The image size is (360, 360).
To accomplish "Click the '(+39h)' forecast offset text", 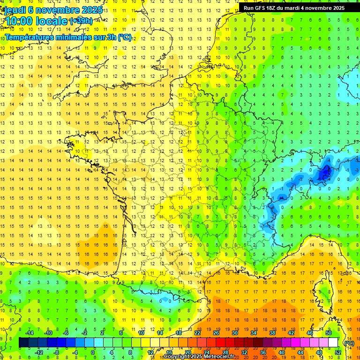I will (81, 21).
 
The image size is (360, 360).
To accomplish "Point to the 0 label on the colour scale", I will (93, 352).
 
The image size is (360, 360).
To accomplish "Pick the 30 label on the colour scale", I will (234, 333).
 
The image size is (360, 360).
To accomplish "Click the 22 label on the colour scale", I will (197, 333).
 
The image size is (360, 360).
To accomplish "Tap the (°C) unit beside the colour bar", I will (349, 343).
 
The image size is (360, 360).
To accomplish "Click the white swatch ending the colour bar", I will (333, 343).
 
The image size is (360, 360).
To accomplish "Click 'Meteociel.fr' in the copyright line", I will (218, 357).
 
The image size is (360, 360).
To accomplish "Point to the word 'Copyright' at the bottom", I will (176, 357).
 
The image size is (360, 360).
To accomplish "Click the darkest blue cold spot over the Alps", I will (324, 174).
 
